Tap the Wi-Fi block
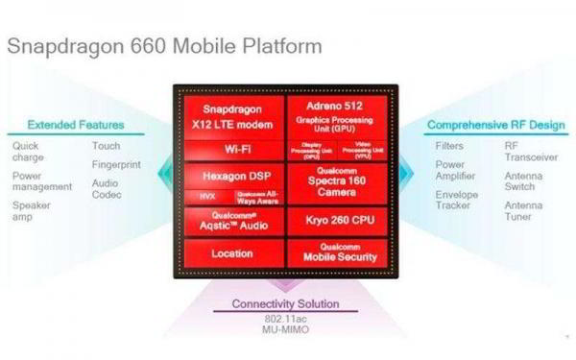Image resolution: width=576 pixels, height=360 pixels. pos(229,150)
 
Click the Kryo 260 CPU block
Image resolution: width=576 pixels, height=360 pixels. pos(338,221)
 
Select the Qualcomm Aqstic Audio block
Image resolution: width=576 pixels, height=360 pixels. pos(229,224)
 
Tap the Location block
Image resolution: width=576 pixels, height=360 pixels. pos(229,253)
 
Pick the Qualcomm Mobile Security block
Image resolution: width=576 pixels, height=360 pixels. pos(338,252)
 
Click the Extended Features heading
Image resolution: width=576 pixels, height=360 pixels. pos(76,125)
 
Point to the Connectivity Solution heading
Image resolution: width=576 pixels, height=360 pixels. pos(286,304)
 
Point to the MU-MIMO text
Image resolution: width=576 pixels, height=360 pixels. pos(285,330)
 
